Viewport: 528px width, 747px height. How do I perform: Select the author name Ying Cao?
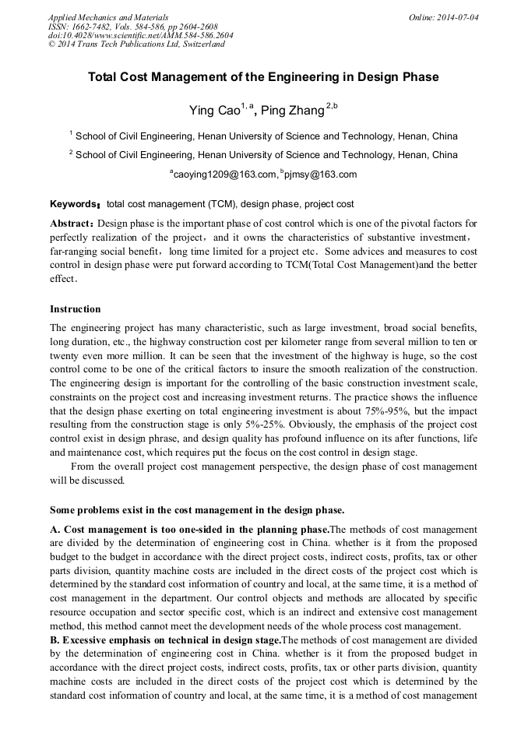click(x=214, y=111)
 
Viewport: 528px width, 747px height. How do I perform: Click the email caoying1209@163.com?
click(x=224, y=174)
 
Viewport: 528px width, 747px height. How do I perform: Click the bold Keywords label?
click(x=73, y=204)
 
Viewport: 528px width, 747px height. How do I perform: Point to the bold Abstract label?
click(x=72, y=222)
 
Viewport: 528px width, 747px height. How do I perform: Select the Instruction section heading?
click(x=75, y=309)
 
